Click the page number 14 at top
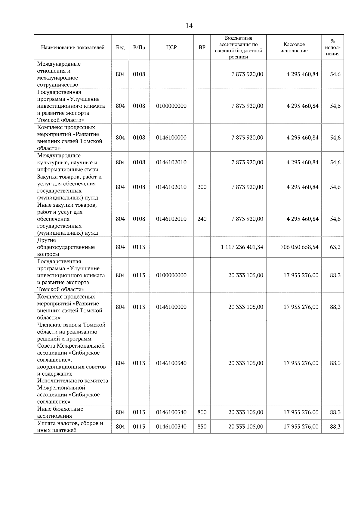click(x=189, y=26)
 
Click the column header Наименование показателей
click(x=73, y=48)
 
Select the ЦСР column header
click(x=171, y=48)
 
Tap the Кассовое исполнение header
click(x=294, y=48)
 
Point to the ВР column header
click(x=202, y=48)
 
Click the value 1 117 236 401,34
click(x=242, y=247)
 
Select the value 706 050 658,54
click(x=299, y=247)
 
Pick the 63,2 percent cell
click(x=335, y=247)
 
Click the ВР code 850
click(x=202, y=426)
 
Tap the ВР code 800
click(x=202, y=412)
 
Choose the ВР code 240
click(x=202, y=219)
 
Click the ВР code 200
click(x=202, y=187)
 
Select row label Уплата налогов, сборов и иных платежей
click(x=70, y=426)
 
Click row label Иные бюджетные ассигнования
click(x=60, y=412)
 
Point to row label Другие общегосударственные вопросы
click(x=66, y=247)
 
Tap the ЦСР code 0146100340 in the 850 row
click(x=171, y=426)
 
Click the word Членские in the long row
click(x=48, y=325)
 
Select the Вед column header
click(x=120, y=48)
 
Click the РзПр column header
click(x=139, y=48)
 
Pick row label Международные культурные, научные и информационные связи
click(x=68, y=163)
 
